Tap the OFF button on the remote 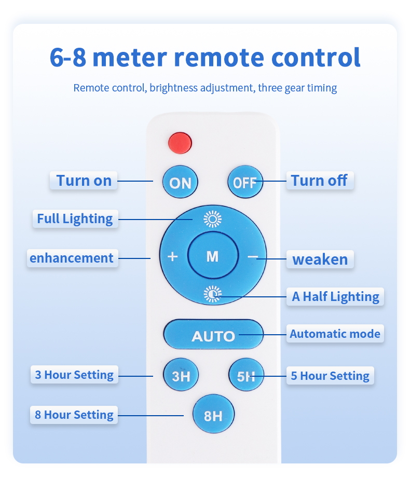[245, 182]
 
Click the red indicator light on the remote [180, 143]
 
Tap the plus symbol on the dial [173, 256]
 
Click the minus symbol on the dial [253, 256]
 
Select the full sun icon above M [213, 219]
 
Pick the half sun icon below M [213, 294]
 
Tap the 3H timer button [181, 375]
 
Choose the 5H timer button [246, 375]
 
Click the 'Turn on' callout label [84, 181]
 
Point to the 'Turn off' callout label [320, 181]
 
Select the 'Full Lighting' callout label [75, 218]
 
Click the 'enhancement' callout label [73, 258]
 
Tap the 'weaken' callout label [320, 259]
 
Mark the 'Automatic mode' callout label [335, 334]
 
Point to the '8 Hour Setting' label [74, 415]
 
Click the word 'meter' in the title [130, 58]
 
